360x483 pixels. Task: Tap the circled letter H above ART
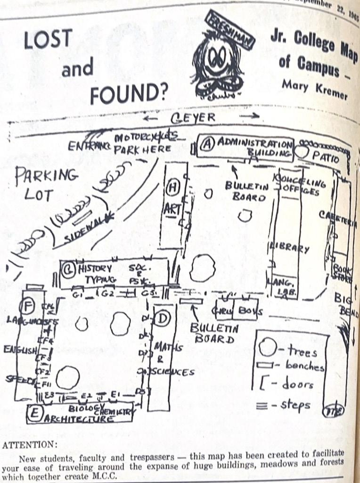pos(172,188)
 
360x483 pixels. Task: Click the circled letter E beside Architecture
pos(34,414)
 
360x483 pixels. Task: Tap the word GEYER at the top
pos(193,118)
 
